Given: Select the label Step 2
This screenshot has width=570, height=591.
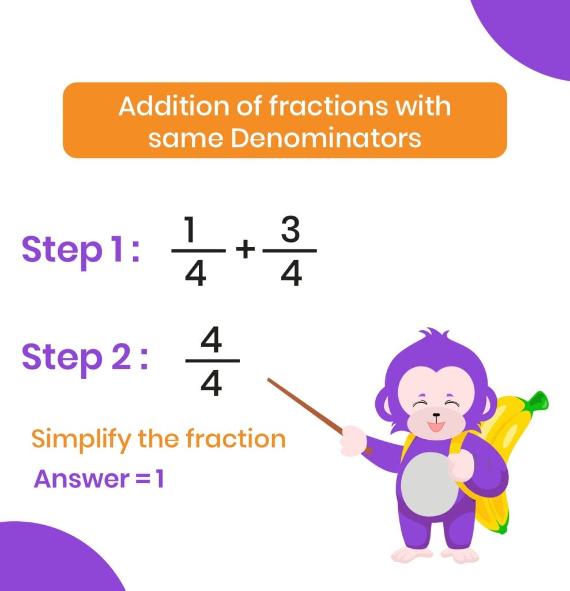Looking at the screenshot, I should [x=84, y=358].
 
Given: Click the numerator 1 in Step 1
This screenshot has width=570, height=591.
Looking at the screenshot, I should [x=193, y=231].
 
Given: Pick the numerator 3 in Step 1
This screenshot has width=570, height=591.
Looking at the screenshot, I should [x=290, y=230].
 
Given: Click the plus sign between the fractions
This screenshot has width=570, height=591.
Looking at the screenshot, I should [x=245, y=250].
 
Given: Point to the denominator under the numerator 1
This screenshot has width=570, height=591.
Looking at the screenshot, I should [x=196, y=274].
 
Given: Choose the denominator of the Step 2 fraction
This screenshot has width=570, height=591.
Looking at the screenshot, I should [x=212, y=383].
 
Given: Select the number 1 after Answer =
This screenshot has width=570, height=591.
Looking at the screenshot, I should [x=159, y=478].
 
